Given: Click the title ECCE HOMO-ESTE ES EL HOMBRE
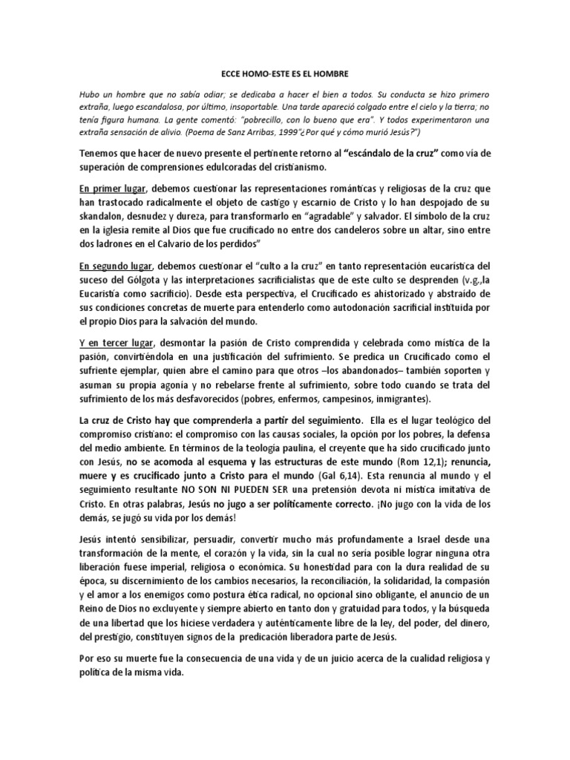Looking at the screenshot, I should pyautogui.click(x=284, y=75).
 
